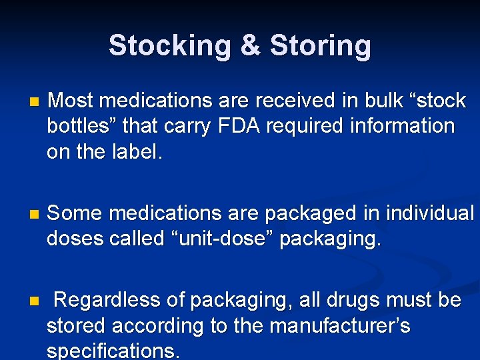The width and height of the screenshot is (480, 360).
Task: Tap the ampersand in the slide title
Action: point(250,46)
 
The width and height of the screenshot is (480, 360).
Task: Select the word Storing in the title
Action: point(320,46)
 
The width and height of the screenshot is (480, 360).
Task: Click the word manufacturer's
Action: point(339,326)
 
